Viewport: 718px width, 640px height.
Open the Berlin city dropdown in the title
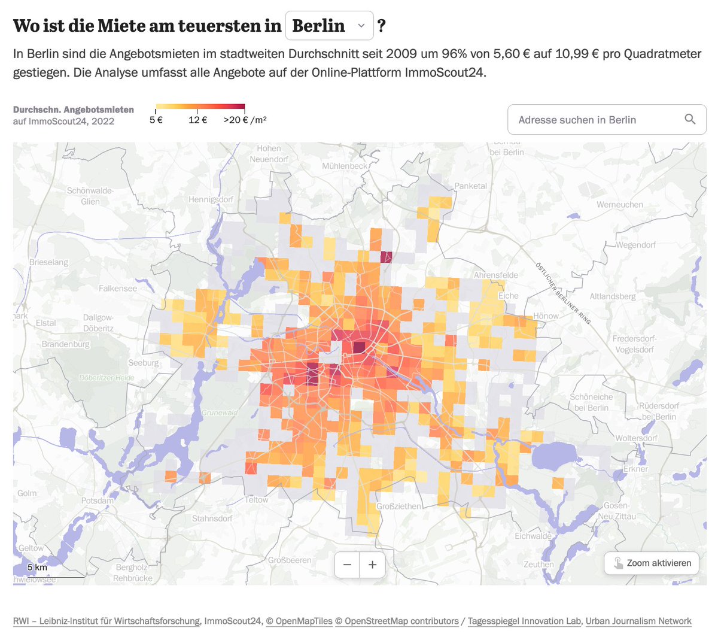pos(330,26)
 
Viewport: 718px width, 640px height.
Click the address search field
pos(592,120)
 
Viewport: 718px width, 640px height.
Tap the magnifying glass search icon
pos(690,120)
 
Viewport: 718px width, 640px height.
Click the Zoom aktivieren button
pos(652,563)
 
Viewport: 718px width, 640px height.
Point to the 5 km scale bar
pos(37,568)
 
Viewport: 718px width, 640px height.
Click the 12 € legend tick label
pos(197,120)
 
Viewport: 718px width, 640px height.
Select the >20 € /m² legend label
pos(245,120)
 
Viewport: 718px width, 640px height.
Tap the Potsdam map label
pos(98,501)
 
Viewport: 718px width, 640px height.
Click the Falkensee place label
pos(118,289)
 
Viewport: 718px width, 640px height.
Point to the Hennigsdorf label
pos(211,199)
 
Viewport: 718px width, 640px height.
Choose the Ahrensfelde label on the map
pos(496,275)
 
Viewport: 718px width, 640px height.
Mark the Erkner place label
pos(635,469)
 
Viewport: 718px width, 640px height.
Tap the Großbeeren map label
pos(290,560)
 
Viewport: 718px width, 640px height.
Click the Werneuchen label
pos(620,205)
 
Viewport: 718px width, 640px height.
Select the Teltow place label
pos(257,500)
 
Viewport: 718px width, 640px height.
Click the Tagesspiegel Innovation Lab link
pos(524,621)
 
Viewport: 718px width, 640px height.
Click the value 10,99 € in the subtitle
pos(577,54)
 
